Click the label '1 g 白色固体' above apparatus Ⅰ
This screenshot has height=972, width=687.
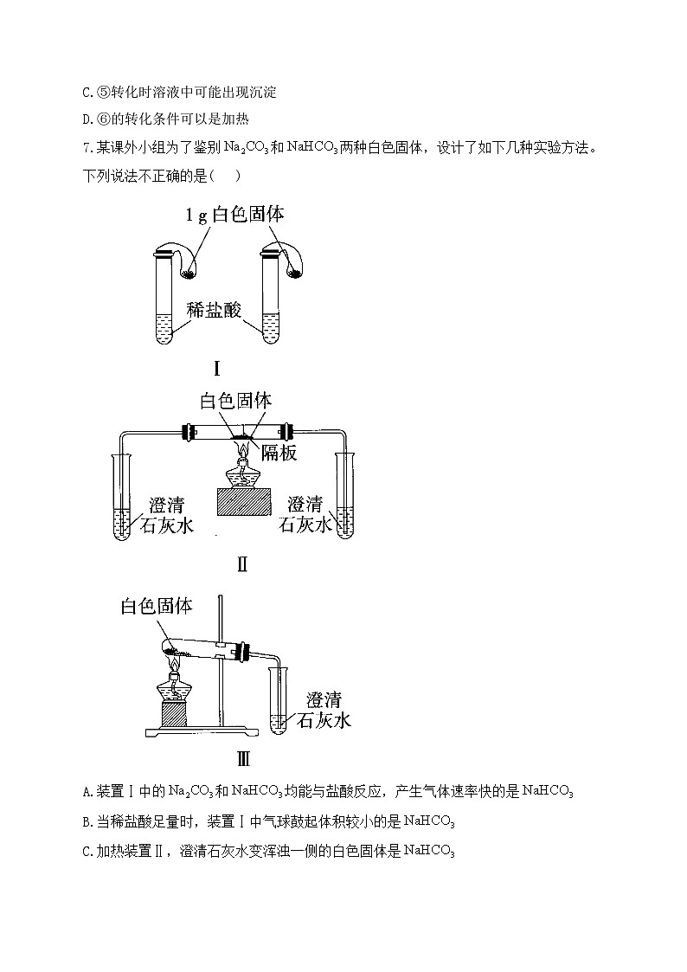point(234,215)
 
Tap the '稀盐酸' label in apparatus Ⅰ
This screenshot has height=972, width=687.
point(214,309)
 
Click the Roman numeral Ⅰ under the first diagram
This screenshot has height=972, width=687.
point(217,369)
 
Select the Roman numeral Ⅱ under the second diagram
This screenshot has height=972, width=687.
point(242,564)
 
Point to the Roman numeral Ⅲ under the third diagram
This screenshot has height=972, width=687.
point(243,758)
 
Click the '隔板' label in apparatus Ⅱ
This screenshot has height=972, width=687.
point(279,453)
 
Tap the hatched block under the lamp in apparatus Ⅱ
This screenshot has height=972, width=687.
point(244,501)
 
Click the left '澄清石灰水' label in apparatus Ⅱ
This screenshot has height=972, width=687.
point(167,514)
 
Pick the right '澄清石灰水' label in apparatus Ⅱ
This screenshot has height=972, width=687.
point(305,514)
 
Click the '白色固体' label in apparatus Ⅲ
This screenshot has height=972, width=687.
point(156,606)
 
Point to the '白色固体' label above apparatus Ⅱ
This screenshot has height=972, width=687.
point(235,401)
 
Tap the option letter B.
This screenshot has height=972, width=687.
point(88,822)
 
